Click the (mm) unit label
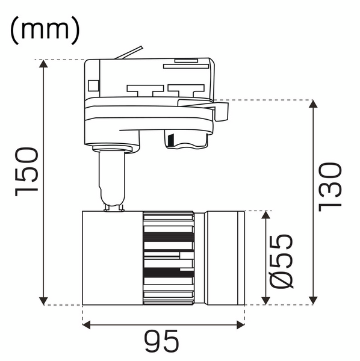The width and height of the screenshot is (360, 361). tap(45, 31)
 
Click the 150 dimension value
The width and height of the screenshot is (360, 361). tap(26, 171)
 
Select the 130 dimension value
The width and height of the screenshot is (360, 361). tap(329, 187)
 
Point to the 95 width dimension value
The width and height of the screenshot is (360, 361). tap(161, 341)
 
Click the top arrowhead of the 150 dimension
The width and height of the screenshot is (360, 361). tap(43, 64)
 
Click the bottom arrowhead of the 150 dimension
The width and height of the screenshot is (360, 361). tap(43, 301)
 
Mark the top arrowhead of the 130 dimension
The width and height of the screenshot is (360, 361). tap(313, 104)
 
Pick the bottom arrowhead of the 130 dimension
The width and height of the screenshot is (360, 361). tap(313, 301)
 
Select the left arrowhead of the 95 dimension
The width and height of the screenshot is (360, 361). tap(86, 326)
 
